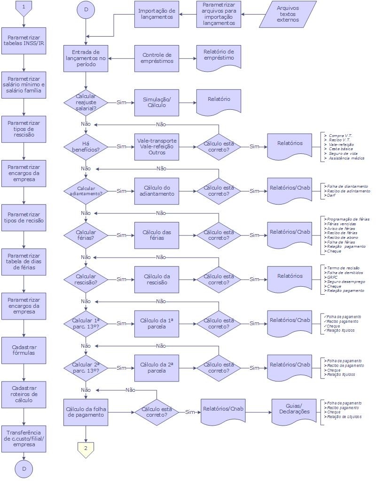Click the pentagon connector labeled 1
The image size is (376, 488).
[x=24, y=7]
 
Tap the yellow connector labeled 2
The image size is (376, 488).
[x=86, y=449]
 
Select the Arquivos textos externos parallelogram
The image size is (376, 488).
[x=288, y=14]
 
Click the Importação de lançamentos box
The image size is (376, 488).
[x=157, y=14]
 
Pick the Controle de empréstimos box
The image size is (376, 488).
[x=157, y=58]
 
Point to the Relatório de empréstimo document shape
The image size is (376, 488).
[x=219, y=56]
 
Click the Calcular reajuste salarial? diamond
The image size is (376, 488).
[x=86, y=102]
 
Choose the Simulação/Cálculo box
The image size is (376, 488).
[x=157, y=102]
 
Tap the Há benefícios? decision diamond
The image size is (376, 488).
[x=86, y=146]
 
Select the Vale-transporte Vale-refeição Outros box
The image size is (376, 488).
[x=157, y=146]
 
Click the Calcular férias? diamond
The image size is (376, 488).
[x=86, y=235]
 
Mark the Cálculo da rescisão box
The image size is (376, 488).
[x=157, y=279]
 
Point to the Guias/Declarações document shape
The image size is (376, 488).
[x=295, y=410]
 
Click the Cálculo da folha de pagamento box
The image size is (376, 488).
[x=86, y=412]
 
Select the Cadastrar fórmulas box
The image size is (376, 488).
[x=24, y=350]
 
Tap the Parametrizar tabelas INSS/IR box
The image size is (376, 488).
[x=24, y=41]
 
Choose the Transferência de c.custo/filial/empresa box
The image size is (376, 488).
[x=24, y=438]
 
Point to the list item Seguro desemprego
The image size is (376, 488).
[x=345, y=282]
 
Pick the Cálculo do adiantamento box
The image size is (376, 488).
[x=157, y=191]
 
